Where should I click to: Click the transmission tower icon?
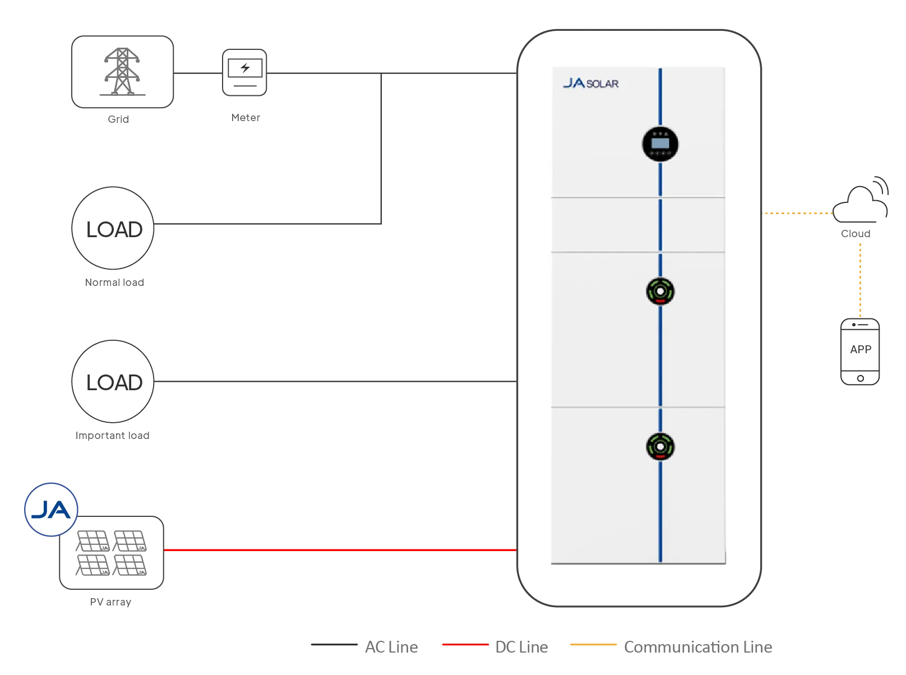coord(122,72)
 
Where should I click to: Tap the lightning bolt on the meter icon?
coord(245,68)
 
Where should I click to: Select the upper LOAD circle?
coord(114,229)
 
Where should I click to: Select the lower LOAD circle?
coord(114,382)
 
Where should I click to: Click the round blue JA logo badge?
coord(51,510)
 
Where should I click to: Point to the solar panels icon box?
coord(112,553)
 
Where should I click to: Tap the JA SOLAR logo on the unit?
coord(590,84)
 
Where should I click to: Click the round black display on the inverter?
coord(660,144)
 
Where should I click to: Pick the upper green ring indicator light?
coord(660,292)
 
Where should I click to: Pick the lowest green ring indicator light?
coord(660,447)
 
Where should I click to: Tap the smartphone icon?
coord(861,350)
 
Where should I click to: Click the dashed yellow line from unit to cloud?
coord(796,213)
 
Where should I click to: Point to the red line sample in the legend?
coord(465,644)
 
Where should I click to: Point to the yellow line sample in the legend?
coord(594,644)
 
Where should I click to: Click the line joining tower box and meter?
coord(198,73)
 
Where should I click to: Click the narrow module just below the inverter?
coord(638,224)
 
